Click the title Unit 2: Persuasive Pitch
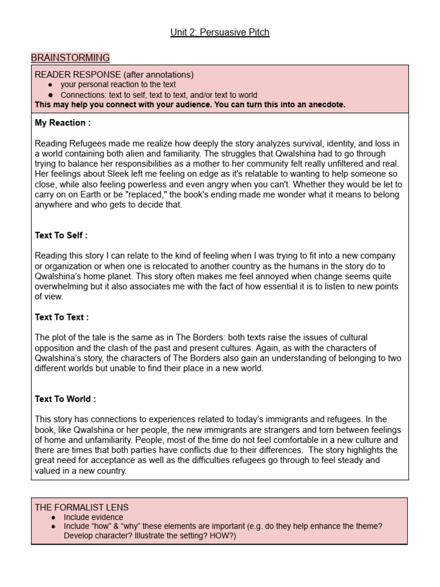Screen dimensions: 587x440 [x=219, y=32]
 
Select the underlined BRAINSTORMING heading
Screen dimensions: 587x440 [x=70, y=57]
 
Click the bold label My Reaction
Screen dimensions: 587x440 [x=62, y=123]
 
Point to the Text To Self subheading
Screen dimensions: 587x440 [x=61, y=235]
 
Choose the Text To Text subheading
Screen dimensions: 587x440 [x=61, y=317]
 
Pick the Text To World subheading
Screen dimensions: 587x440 [x=65, y=399]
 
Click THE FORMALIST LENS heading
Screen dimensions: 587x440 [x=81, y=507]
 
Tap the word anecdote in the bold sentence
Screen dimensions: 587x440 [x=325, y=105]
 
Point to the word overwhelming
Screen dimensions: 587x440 [x=62, y=287]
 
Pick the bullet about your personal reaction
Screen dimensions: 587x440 [x=118, y=85]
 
